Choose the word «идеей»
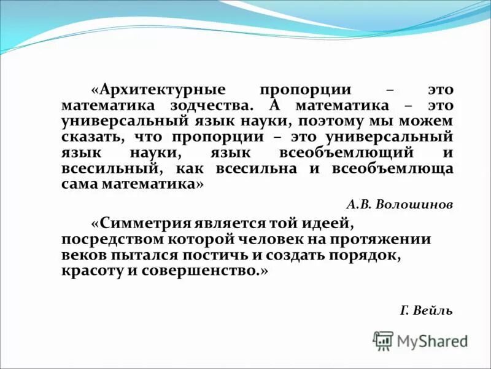323,223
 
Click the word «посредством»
109,239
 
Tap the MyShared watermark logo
420,340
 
